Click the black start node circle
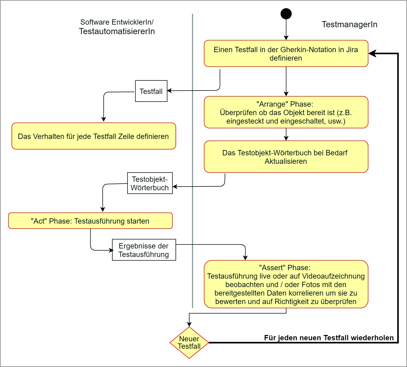[286, 14]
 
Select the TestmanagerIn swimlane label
[349, 24]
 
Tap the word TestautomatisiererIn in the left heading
[117, 31]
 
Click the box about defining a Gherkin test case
[286, 53]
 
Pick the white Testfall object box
[151, 91]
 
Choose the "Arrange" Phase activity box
[286, 112]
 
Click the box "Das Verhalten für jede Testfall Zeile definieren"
[94, 136]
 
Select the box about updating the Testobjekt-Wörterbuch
[286, 157]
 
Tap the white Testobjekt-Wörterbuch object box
[150, 183]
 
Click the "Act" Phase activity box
[90, 221]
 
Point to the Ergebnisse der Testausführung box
[144, 250]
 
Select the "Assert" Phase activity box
[286, 284]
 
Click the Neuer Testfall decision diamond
[189, 343]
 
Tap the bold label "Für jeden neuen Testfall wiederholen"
[329, 338]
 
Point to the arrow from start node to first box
[286, 29]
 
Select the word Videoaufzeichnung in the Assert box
[333, 276]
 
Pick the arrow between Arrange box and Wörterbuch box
[286, 134]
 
